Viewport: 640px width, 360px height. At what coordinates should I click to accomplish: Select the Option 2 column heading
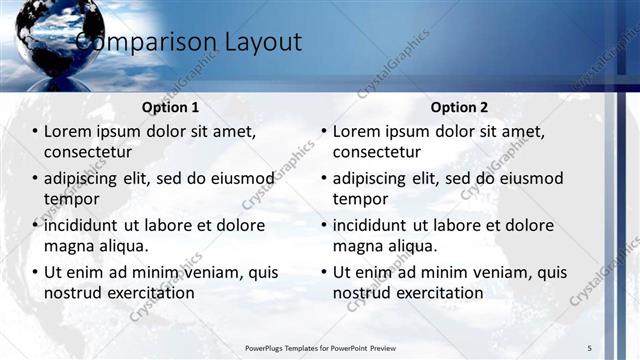(x=460, y=107)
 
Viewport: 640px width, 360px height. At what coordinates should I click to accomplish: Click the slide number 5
(x=590, y=347)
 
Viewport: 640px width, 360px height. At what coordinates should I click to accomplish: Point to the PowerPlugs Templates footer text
(x=319, y=347)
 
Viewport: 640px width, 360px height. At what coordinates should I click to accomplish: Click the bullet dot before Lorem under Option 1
(x=35, y=132)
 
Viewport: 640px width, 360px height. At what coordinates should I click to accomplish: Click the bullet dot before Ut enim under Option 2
(x=324, y=272)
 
